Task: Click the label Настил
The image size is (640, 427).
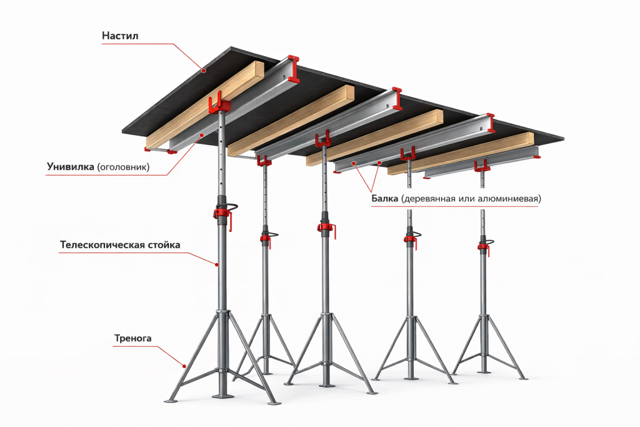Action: coord(120,36)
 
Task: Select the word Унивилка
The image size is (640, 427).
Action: coord(71,166)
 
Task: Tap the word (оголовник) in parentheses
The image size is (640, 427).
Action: coord(124,167)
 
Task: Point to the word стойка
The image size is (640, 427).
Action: coord(162,245)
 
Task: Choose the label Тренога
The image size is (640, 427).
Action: coord(132,338)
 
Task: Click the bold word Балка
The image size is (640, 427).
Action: coord(384,199)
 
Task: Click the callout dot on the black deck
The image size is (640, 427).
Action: coord(203,70)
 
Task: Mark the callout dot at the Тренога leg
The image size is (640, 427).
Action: coord(184,366)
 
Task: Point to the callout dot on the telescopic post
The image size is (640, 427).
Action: coord(217,264)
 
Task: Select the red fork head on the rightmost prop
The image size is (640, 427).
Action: coord(482,165)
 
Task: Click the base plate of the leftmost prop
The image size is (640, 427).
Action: coord(223,395)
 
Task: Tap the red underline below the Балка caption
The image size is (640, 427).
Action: coord(455,206)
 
